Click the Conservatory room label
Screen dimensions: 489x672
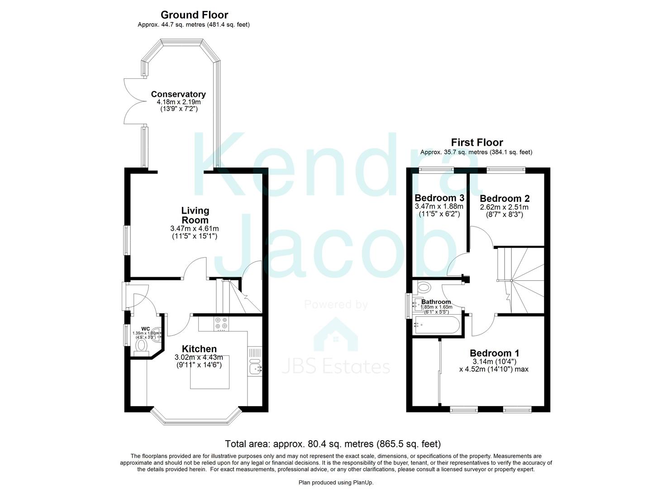tap(178, 94)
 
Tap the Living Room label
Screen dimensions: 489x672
tap(195, 215)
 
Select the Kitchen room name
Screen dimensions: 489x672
tap(199, 349)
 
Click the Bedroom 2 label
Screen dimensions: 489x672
tap(505, 198)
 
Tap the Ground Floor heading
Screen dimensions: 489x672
tap(194, 15)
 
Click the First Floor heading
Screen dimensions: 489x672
tap(477, 143)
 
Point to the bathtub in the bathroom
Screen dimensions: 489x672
tap(437, 325)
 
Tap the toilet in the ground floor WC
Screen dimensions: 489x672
tap(142, 346)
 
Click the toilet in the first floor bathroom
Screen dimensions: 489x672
tap(424, 287)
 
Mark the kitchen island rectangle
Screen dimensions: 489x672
tap(210, 372)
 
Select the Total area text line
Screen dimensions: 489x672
tap(333, 444)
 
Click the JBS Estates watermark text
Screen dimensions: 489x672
tap(336, 366)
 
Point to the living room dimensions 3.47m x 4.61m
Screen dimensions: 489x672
tap(195, 229)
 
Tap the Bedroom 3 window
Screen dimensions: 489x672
tap(436, 170)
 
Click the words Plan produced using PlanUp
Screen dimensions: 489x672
tap(336, 483)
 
